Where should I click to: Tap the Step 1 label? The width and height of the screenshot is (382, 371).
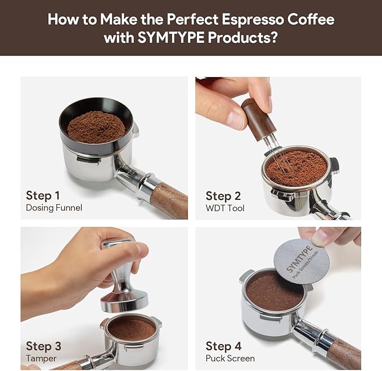click(x=43, y=195)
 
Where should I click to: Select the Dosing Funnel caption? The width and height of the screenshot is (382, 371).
click(x=54, y=208)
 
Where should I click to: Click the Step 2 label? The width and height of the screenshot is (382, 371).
click(x=223, y=196)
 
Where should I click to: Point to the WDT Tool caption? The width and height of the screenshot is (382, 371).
click(x=225, y=208)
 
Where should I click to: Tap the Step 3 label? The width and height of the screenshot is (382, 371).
click(x=43, y=346)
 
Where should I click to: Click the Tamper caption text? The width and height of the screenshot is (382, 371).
click(x=41, y=358)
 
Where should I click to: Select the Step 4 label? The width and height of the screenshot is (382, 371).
click(x=223, y=346)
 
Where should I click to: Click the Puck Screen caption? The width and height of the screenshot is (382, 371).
click(x=230, y=358)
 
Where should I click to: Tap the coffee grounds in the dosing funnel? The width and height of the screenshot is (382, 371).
click(x=96, y=126)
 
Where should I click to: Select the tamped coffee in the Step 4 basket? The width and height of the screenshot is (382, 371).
click(x=275, y=290)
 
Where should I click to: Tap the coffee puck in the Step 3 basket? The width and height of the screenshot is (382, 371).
click(x=131, y=328)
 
